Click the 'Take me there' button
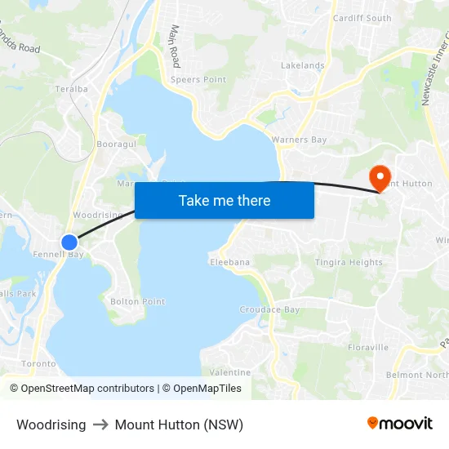coord(224,200)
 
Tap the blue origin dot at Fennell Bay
coord(69,242)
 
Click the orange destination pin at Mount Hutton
coord(380,177)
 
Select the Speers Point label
coord(198,80)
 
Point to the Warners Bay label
coord(299,140)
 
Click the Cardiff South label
coord(362,18)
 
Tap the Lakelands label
coord(302,65)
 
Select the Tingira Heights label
coord(349,262)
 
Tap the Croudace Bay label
coord(269,309)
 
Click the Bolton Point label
coord(137,301)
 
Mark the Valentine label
coord(230,372)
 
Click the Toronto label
coord(38,363)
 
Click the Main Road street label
coord(174,46)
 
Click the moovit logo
coord(399,424)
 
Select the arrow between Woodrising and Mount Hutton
coord(100,425)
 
